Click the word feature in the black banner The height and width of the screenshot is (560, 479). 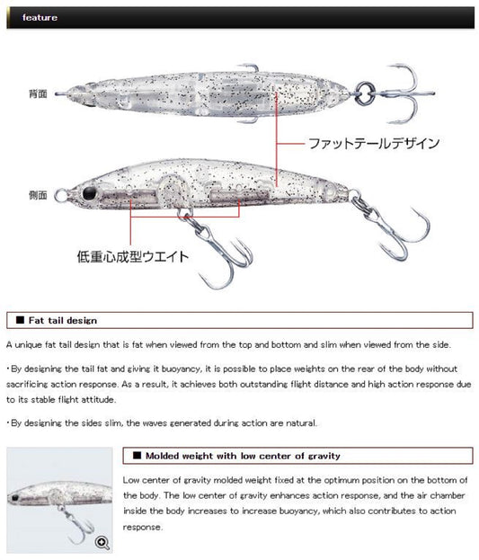click(x=40, y=17)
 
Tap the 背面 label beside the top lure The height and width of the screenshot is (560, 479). click(x=38, y=93)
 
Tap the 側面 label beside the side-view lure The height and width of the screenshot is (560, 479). click(x=38, y=195)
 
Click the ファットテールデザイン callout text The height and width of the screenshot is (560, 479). click(x=374, y=144)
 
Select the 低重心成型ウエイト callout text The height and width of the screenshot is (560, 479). click(x=132, y=256)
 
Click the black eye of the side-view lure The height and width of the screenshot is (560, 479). click(x=90, y=193)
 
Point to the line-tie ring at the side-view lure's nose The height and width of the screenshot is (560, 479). click(x=61, y=195)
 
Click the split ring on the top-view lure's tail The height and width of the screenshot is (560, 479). click(x=364, y=93)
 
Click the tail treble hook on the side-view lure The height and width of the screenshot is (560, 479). click(x=393, y=228)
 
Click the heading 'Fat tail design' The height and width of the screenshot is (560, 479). click(x=63, y=320)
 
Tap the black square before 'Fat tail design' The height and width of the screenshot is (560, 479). click(x=20, y=320)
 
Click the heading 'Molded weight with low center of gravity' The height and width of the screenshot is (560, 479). click(x=243, y=456)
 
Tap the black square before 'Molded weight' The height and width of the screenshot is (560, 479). click(x=137, y=456)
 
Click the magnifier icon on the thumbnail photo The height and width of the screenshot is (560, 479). click(x=102, y=543)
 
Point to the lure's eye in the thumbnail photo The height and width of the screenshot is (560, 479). click(x=14, y=497)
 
